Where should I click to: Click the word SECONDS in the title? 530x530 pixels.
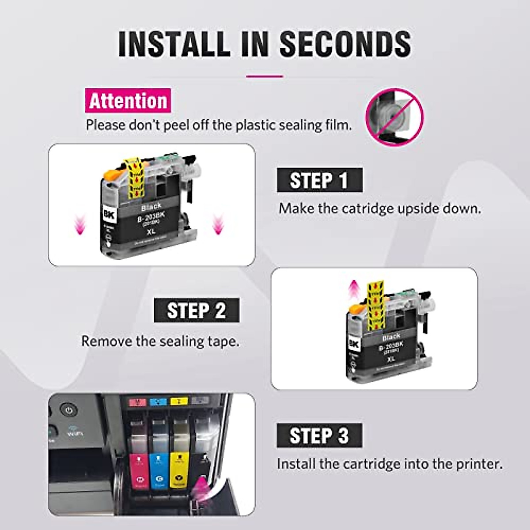(x=345, y=43)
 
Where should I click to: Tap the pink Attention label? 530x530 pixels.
(x=128, y=101)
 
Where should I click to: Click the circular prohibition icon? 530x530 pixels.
(x=394, y=117)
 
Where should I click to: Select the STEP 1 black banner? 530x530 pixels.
(x=319, y=180)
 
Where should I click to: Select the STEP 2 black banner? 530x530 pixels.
(x=197, y=310)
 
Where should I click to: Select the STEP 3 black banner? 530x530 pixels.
(x=319, y=435)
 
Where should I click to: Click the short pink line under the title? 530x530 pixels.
(x=265, y=76)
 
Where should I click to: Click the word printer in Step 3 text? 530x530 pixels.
(x=481, y=464)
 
